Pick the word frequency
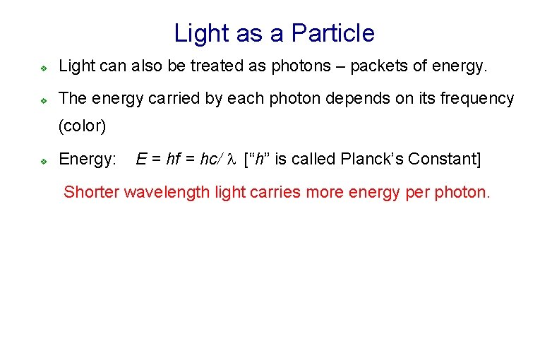[479, 99]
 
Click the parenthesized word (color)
[82, 126]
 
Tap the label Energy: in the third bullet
[88, 160]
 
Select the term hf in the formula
[173, 160]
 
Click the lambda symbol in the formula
[231, 160]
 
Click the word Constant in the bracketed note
[445, 160]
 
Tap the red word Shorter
[92, 191]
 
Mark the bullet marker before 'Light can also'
[43, 68]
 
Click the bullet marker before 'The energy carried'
[43, 100]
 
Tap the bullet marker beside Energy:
[43, 161]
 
